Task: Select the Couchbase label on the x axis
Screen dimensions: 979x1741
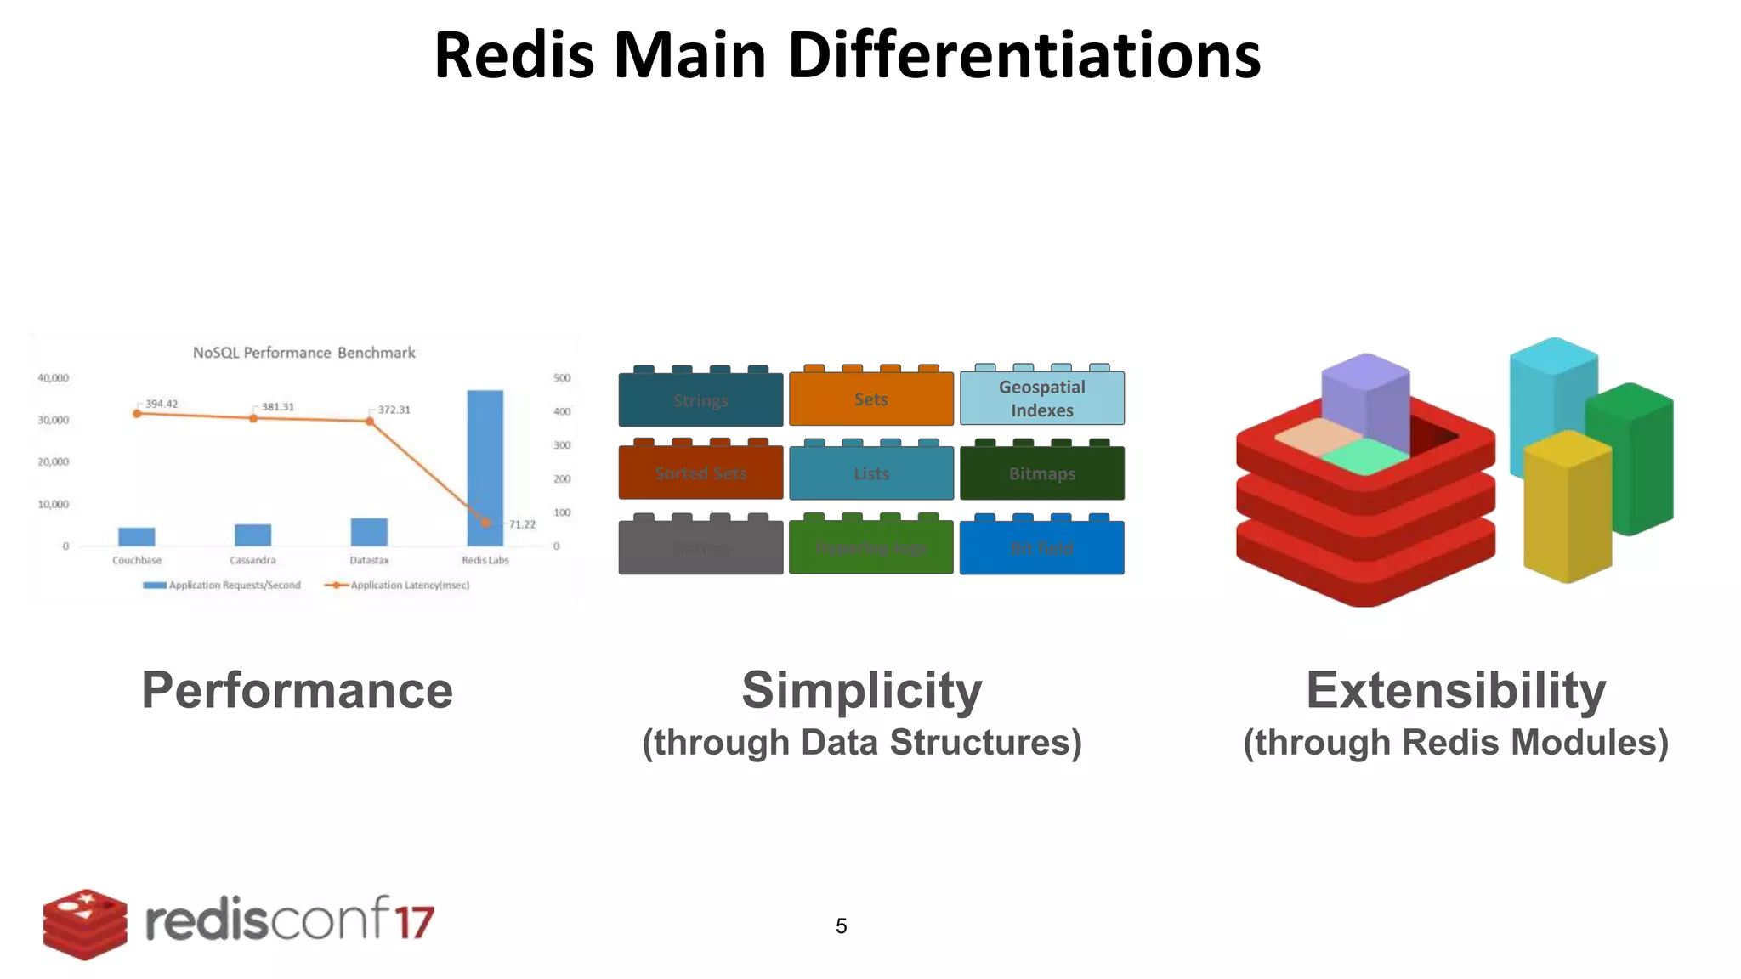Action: pos(137,560)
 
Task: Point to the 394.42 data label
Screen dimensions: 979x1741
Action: pos(162,404)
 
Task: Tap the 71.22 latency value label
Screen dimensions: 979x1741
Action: pos(522,524)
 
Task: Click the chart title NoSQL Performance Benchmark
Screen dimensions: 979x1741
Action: pos(303,353)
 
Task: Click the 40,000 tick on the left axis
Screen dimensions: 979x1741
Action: pos(53,377)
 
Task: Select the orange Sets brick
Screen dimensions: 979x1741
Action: pos(870,399)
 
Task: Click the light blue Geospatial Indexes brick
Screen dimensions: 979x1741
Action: pos(1041,399)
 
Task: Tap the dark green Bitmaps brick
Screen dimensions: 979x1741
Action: pos(1041,473)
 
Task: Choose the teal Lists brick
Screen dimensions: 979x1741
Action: pos(870,473)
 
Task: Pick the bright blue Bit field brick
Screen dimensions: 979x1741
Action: pos(1041,548)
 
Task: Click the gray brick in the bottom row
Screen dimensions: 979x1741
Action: pos(700,548)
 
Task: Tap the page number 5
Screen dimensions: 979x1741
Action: pos(841,925)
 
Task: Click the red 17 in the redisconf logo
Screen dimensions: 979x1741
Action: pos(414,922)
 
